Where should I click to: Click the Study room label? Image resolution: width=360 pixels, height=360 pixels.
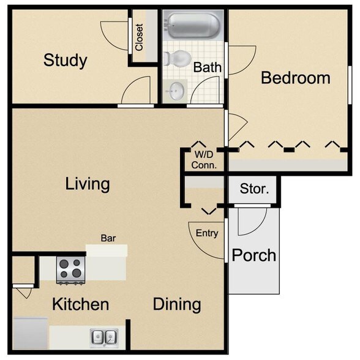point(65,61)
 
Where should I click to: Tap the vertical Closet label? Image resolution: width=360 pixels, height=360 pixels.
point(140,37)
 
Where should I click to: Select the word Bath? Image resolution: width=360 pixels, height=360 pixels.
point(208,67)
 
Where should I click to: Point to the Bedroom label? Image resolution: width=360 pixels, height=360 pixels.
point(295,78)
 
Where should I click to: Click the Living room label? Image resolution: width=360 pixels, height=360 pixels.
point(88,183)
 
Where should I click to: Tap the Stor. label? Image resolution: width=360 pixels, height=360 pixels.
point(253,189)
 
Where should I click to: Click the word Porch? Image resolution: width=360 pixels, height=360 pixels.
point(253,255)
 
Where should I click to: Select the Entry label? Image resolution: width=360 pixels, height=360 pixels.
point(207,233)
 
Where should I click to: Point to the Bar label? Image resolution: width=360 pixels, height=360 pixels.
point(108,238)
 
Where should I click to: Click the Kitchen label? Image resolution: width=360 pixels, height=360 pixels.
point(80,304)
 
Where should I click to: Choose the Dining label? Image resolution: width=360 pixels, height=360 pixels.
point(176,304)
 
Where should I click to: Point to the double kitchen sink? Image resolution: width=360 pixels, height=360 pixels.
point(104,336)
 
